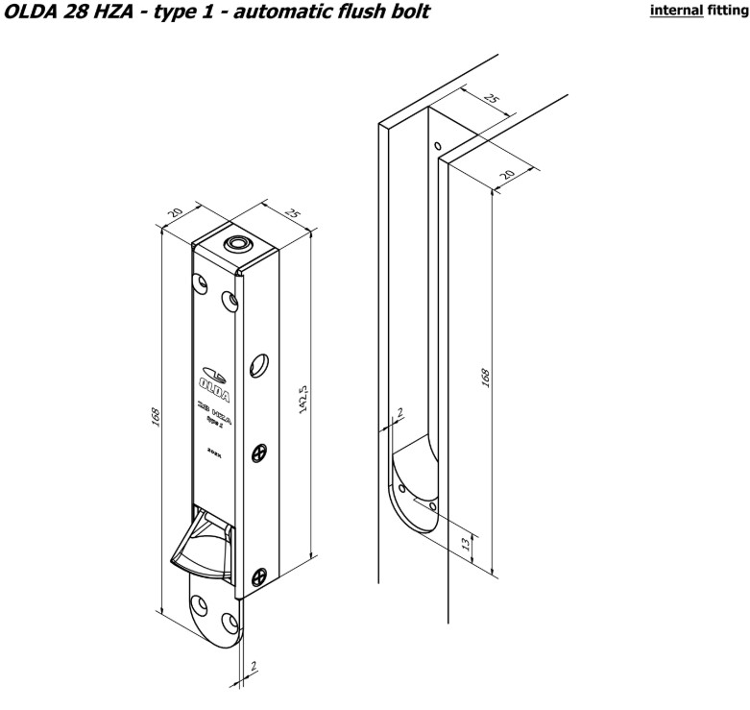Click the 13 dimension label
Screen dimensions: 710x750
pos(467,544)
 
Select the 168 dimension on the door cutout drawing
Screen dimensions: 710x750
pos(485,378)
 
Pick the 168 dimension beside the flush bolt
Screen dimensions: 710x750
pos(155,418)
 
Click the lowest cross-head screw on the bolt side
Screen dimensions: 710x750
pos(258,576)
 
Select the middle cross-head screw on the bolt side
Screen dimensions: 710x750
pos(258,453)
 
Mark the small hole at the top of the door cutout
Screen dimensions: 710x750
pos(437,147)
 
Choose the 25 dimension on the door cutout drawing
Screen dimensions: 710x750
pos(492,100)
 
